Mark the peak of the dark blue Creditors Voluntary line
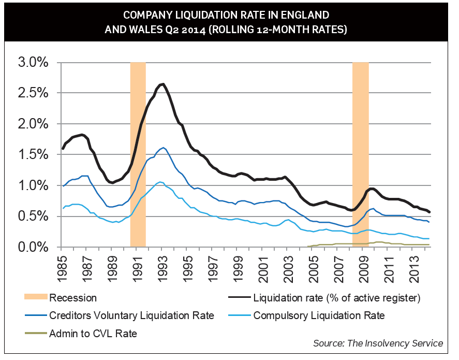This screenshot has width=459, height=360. (164, 148)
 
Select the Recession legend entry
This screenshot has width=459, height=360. (72, 298)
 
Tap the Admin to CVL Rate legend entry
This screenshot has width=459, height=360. (93, 334)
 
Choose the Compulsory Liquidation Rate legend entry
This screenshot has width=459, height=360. (319, 315)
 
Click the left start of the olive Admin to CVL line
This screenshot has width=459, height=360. (308, 246)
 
